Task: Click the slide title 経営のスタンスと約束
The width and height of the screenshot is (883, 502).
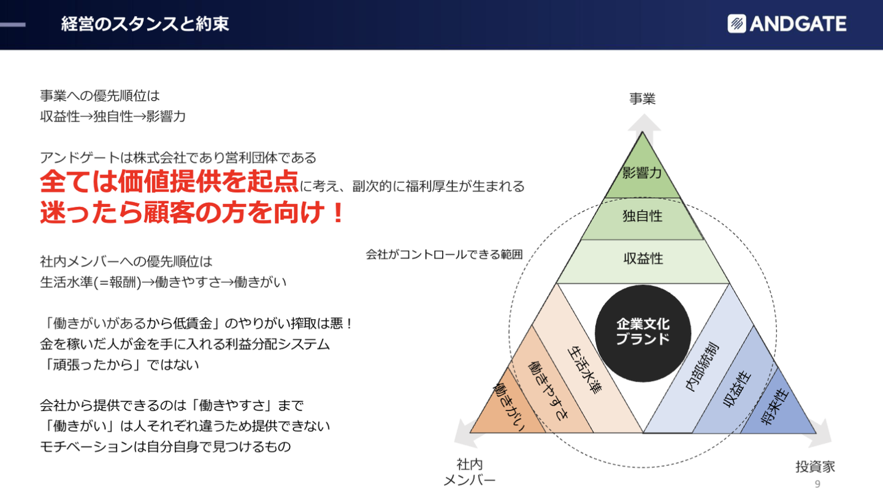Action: [x=145, y=24]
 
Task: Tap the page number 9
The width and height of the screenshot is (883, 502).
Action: [x=817, y=485]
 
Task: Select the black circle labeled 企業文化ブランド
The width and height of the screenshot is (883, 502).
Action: [x=643, y=332]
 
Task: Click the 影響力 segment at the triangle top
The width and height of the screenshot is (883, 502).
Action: [x=642, y=173]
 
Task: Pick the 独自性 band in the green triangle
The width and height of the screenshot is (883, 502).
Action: [x=642, y=217]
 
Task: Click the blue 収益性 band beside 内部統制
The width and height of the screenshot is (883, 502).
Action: [x=739, y=389]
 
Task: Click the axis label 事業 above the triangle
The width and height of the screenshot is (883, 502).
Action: [x=642, y=98]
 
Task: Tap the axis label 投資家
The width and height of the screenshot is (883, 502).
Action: [x=815, y=466]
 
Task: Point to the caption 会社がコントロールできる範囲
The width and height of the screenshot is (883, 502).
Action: [x=444, y=253]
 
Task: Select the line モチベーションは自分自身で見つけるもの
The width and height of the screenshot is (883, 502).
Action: [x=165, y=446]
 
